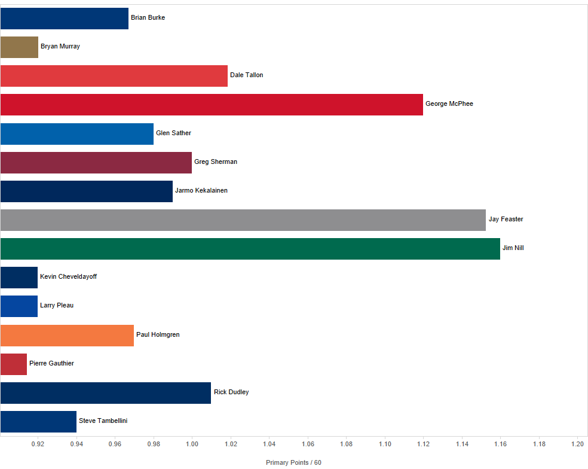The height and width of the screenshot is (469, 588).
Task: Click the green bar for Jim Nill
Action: pos(250,249)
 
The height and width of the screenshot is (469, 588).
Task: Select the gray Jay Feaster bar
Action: pos(243,220)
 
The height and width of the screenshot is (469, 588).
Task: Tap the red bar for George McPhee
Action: pos(212,105)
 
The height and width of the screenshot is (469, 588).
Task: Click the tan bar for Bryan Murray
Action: pos(19,47)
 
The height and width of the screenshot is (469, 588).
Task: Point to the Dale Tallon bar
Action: pos(114,76)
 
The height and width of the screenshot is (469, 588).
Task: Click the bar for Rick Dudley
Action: pos(105,393)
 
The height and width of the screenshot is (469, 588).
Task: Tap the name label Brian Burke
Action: pos(148,18)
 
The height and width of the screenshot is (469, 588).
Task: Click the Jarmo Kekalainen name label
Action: pos(201,191)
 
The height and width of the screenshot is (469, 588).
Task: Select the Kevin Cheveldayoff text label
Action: pos(68,277)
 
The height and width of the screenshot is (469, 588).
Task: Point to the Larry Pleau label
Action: pos(57,306)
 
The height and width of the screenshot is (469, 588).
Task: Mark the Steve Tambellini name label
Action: pos(103,421)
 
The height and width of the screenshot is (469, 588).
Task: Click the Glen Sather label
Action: pos(173,133)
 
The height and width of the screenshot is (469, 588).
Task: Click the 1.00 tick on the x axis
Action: pos(192,444)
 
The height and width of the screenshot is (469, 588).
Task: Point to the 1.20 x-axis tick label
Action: pos(577,444)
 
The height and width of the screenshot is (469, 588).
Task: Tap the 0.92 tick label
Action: pos(38,444)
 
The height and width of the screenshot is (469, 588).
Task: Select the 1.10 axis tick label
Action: pos(384,444)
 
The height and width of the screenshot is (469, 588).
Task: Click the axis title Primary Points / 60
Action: pos(293,463)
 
